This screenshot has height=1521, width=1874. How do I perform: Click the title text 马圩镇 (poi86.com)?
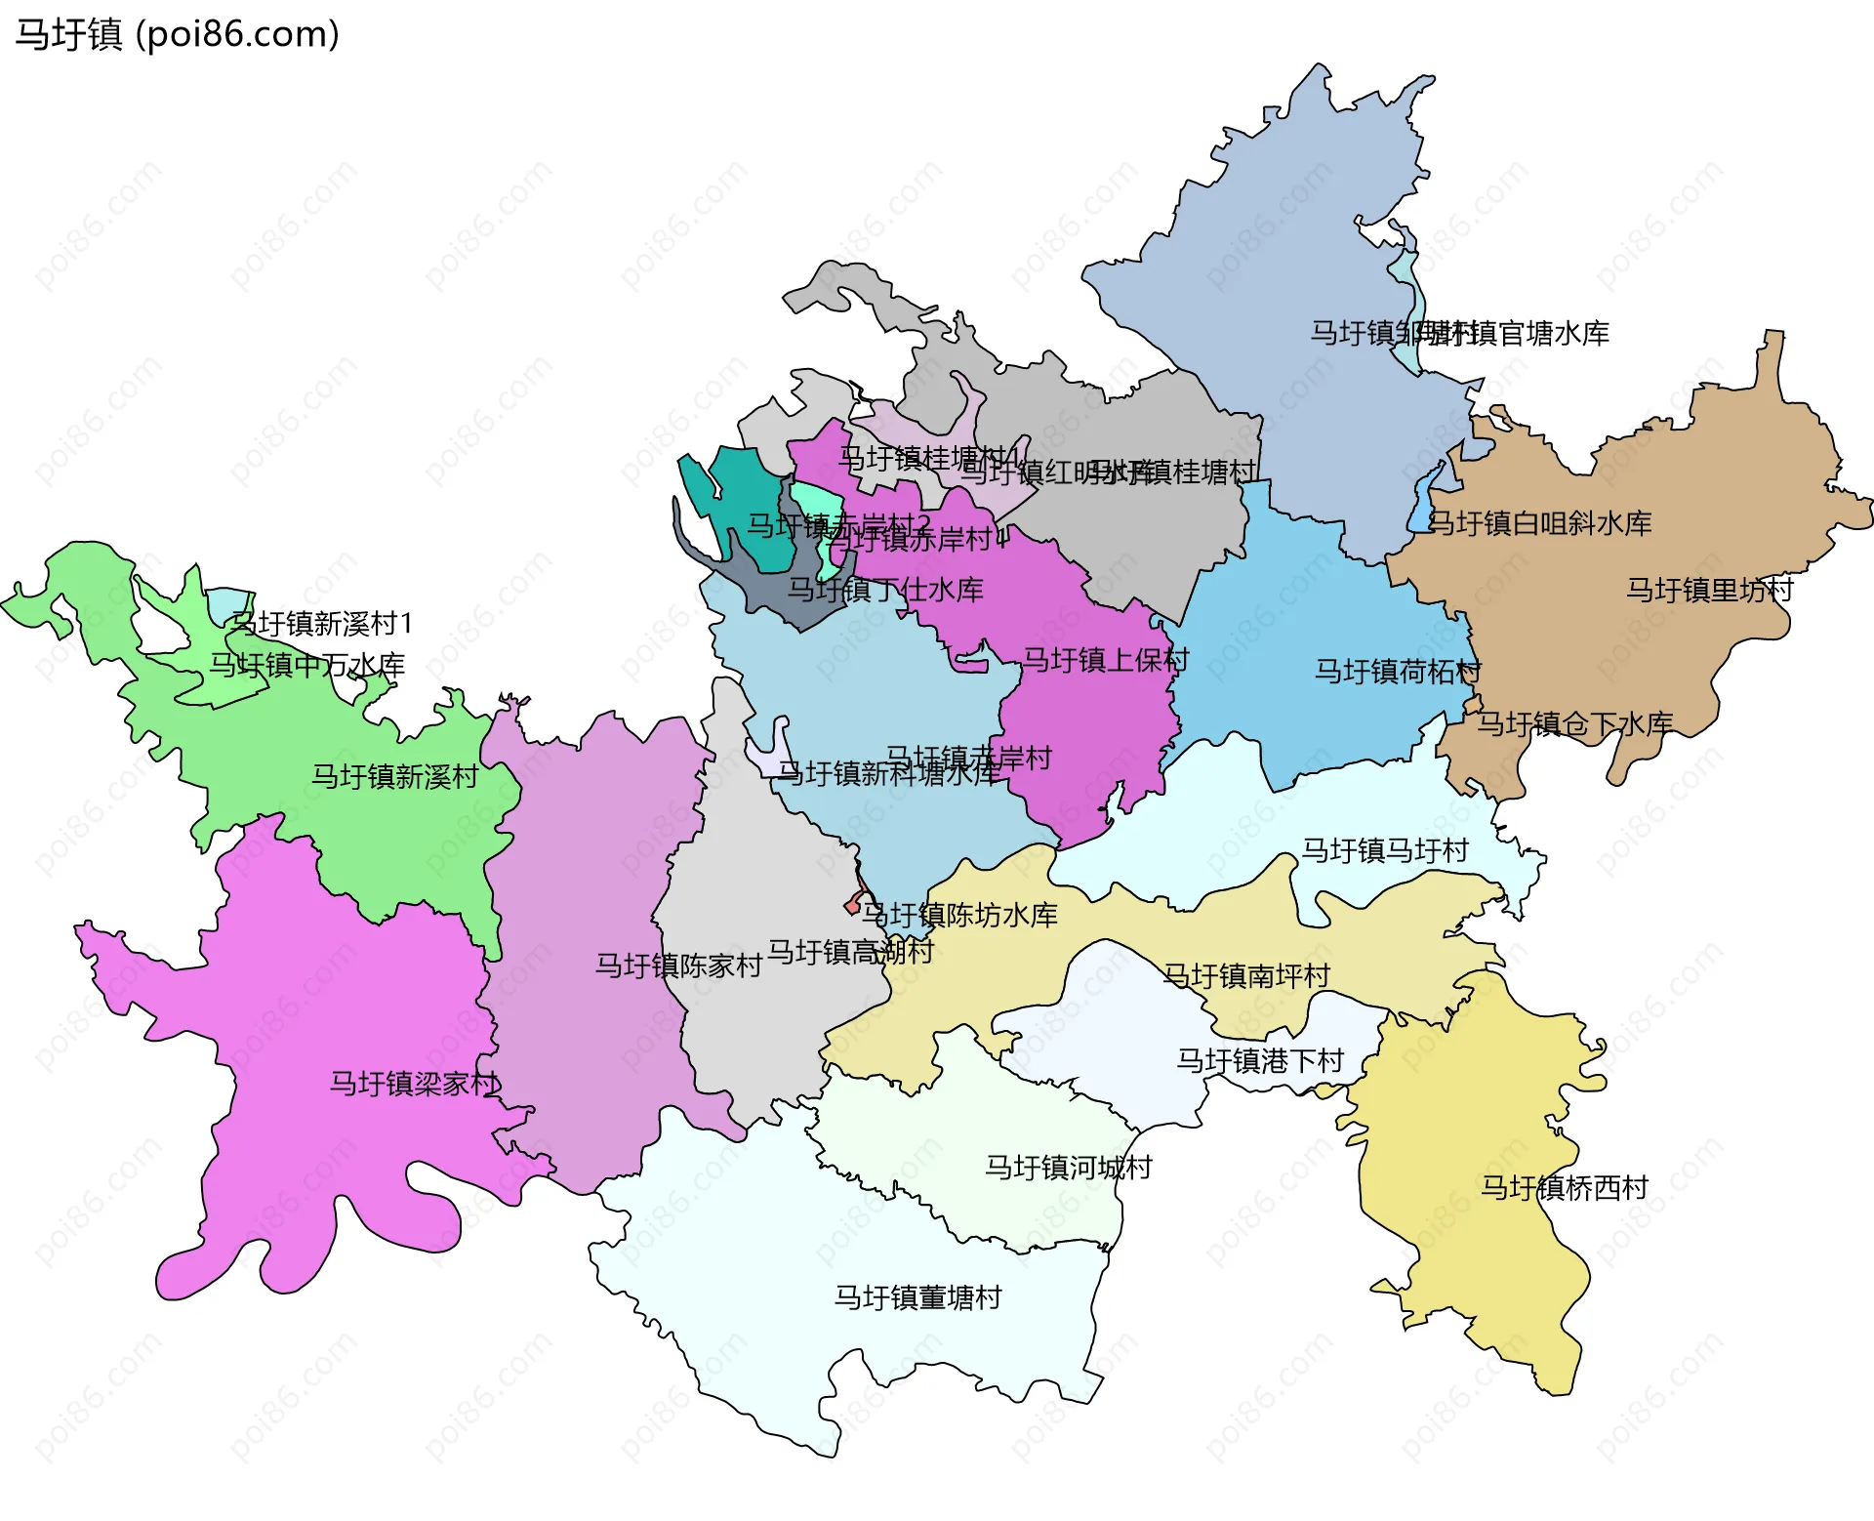[x=177, y=34]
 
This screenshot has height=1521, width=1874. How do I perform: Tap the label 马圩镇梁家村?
[x=415, y=1083]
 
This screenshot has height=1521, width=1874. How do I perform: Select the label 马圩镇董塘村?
[x=917, y=1296]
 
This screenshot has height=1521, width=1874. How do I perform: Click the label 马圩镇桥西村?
[x=1564, y=1187]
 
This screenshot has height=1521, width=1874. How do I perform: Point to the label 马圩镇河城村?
[x=1068, y=1167]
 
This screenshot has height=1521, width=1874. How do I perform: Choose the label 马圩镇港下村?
[x=1259, y=1060]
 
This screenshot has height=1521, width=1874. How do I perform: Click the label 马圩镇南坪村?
[x=1246, y=975]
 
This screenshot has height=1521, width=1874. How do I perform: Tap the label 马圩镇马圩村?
[x=1384, y=850]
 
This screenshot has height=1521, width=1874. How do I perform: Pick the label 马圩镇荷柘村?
[x=1397, y=671]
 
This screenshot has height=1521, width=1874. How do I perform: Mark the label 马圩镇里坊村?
[x=1709, y=590]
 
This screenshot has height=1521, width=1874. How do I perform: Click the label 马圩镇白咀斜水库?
[x=1539, y=523]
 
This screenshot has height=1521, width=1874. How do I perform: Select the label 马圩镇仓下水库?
[x=1573, y=723]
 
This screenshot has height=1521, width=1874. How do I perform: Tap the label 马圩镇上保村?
[x=1105, y=660]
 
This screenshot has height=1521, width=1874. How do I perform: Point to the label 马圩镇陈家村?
[x=678, y=966]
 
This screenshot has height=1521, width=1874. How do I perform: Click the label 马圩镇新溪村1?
[x=322, y=623]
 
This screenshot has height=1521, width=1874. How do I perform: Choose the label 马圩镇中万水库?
[x=306, y=665]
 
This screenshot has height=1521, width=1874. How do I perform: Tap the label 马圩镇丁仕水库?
[x=885, y=590]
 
